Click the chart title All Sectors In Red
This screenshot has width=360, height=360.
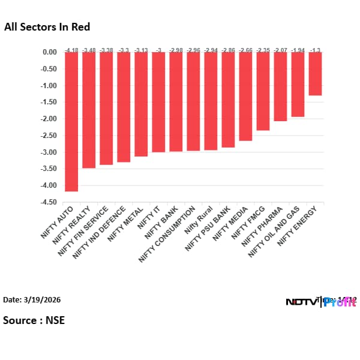click(x=47, y=27)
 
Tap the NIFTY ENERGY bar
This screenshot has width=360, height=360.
click(x=315, y=74)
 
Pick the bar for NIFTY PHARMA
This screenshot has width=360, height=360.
click(x=280, y=86)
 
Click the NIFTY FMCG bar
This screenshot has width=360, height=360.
click(x=263, y=91)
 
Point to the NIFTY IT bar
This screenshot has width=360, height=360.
click(x=158, y=102)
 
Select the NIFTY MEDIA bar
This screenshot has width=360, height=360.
click(x=245, y=96)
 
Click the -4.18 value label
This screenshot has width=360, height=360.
click(x=71, y=49)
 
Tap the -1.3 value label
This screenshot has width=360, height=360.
click(x=315, y=49)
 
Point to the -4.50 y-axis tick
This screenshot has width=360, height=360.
click(x=49, y=202)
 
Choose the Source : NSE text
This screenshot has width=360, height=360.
click(x=34, y=320)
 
